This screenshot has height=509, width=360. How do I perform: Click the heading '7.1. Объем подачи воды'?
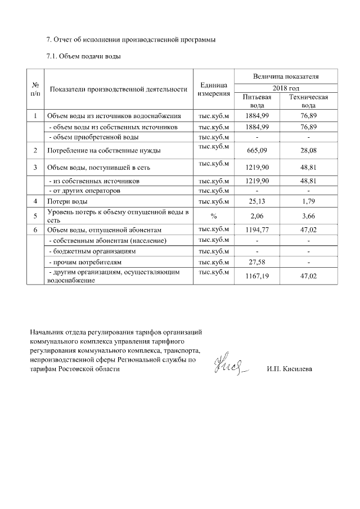pyautogui.click(x=84, y=57)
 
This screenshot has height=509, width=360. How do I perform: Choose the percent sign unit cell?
pyautogui.click(x=213, y=215)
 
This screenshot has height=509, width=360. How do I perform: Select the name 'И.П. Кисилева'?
pyautogui.click(x=289, y=369)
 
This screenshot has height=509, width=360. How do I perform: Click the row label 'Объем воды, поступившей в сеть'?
pyautogui.click(x=98, y=168)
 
